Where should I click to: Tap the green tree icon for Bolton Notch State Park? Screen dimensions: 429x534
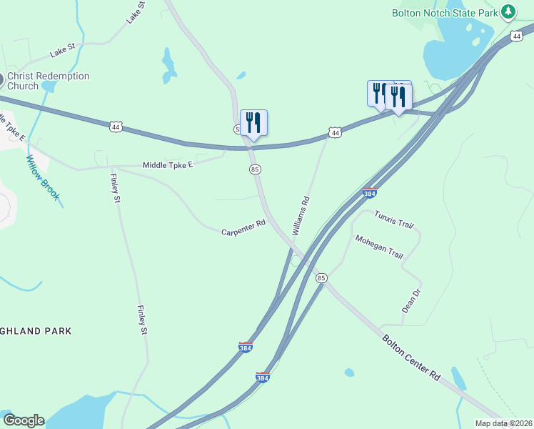click(508, 12)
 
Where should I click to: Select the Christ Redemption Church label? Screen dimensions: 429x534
click(49, 81)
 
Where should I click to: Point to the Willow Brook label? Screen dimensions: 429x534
click(43, 178)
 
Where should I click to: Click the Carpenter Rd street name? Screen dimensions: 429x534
click(243, 228)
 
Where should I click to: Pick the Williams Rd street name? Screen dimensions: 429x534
click(301, 215)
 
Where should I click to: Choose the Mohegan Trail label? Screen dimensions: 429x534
click(379, 247)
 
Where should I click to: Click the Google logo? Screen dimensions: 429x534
click(24, 420)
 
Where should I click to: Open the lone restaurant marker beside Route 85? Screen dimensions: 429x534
click(253, 123)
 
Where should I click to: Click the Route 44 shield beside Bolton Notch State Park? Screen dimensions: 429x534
click(516, 36)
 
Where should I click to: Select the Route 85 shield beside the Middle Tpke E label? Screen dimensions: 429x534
click(255, 169)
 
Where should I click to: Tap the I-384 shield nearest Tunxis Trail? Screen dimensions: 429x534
click(370, 192)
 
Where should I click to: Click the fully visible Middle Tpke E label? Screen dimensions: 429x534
click(168, 164)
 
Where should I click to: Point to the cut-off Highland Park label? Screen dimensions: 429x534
click(36, 331)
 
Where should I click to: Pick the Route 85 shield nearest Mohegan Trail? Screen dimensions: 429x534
click(321, 277)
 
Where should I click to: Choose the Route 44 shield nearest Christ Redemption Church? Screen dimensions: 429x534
click(116, 127)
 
